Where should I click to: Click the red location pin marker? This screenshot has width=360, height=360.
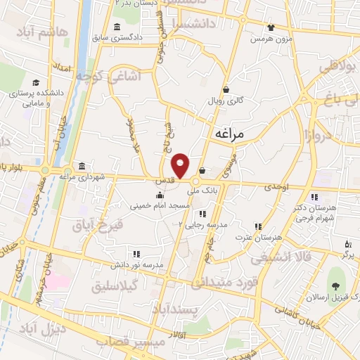coord(181,165)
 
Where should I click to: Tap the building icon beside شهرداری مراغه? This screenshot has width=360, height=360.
coord(82,166)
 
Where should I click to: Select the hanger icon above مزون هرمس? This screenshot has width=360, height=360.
coord(269,27)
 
